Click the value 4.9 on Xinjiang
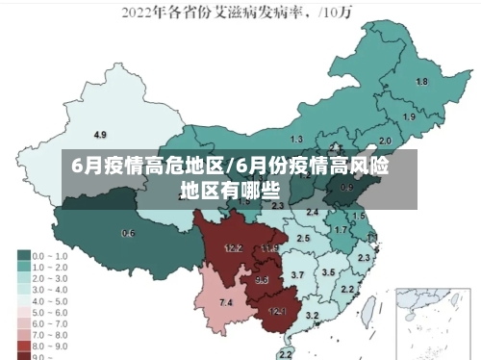tap(100, 134)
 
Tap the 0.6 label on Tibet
tap(128, 233)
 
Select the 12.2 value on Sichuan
tap(233, 247)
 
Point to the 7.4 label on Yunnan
tap(226, 302)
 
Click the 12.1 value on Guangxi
tap(277, 310)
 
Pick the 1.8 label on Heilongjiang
tap(421, 82)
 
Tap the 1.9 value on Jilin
tap(409, 116)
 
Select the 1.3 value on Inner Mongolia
tap(296, 140)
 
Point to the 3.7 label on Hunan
tap(297, 275)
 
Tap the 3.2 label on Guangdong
tap(312, 316)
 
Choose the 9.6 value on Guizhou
tap(262, 280)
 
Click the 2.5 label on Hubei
tap(303, 238)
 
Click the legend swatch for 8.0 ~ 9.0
tap(22, 344)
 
